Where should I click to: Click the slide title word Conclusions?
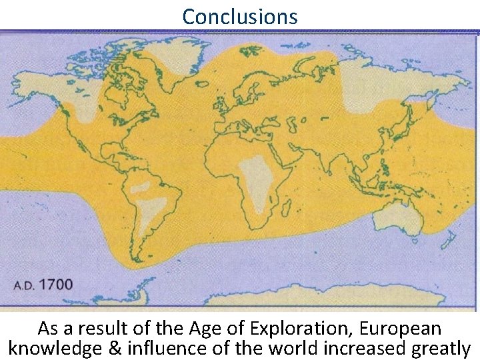point(240,16)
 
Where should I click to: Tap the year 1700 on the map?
point(56,285)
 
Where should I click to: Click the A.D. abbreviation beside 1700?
point(25,286)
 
